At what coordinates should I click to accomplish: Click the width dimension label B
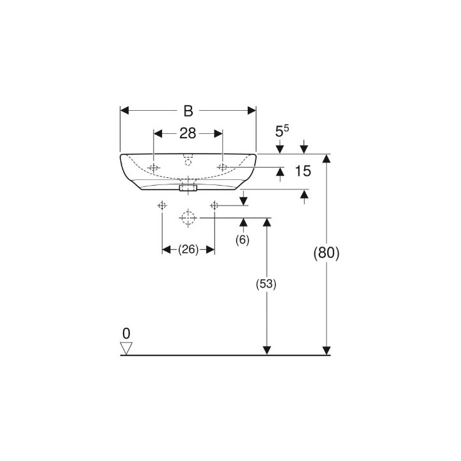(188, 111)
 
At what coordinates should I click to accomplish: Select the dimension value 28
(188, 133)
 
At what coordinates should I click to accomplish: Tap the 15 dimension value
(302, 171)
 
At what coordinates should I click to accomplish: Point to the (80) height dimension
(327, 253)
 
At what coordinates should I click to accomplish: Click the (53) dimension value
(266, 284)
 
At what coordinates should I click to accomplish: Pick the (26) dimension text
(188, 250)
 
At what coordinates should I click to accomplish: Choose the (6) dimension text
(242, 240)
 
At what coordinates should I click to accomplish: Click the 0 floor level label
(126, 334)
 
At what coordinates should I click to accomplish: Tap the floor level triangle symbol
(126, 348)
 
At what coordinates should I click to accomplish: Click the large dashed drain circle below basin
(188, 218)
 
